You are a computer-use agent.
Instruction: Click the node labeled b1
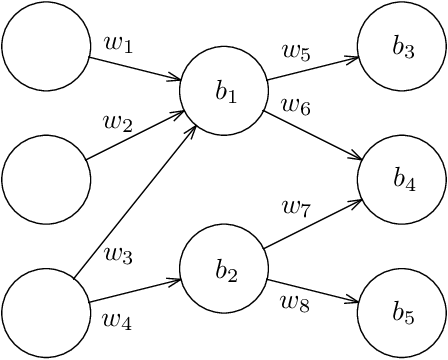point(224,91)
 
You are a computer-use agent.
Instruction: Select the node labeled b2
point(224,270)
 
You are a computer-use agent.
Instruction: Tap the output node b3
point(402,46)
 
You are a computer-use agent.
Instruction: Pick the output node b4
point(402,180)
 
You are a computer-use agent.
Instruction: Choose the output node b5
point(402,314)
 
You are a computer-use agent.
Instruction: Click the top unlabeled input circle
point(46,46)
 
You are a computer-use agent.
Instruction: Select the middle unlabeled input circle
point(46,180)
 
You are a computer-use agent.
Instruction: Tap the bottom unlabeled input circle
point(46,314)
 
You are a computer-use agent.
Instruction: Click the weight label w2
point(118,122)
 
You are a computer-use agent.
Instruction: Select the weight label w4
point(118,320)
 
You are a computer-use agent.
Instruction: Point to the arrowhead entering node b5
point(352,301)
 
